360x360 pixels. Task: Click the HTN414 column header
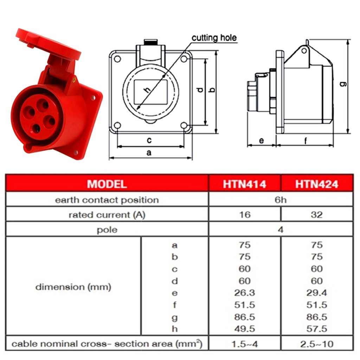[x=245, y=184]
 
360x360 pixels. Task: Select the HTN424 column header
[x=317, y=184]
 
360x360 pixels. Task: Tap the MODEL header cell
[x=107, y=184]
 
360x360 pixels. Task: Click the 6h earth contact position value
[x=281, y=200]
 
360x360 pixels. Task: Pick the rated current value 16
[x=245, y=215]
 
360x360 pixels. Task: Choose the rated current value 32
[x=317, y=215]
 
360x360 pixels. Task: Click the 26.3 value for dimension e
[x=245, y=293]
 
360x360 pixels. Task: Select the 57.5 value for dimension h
[x=317, y=329]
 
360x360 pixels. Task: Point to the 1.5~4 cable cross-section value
[x=245, y=344]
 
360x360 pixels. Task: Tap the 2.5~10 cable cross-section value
[x=317, y=344]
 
